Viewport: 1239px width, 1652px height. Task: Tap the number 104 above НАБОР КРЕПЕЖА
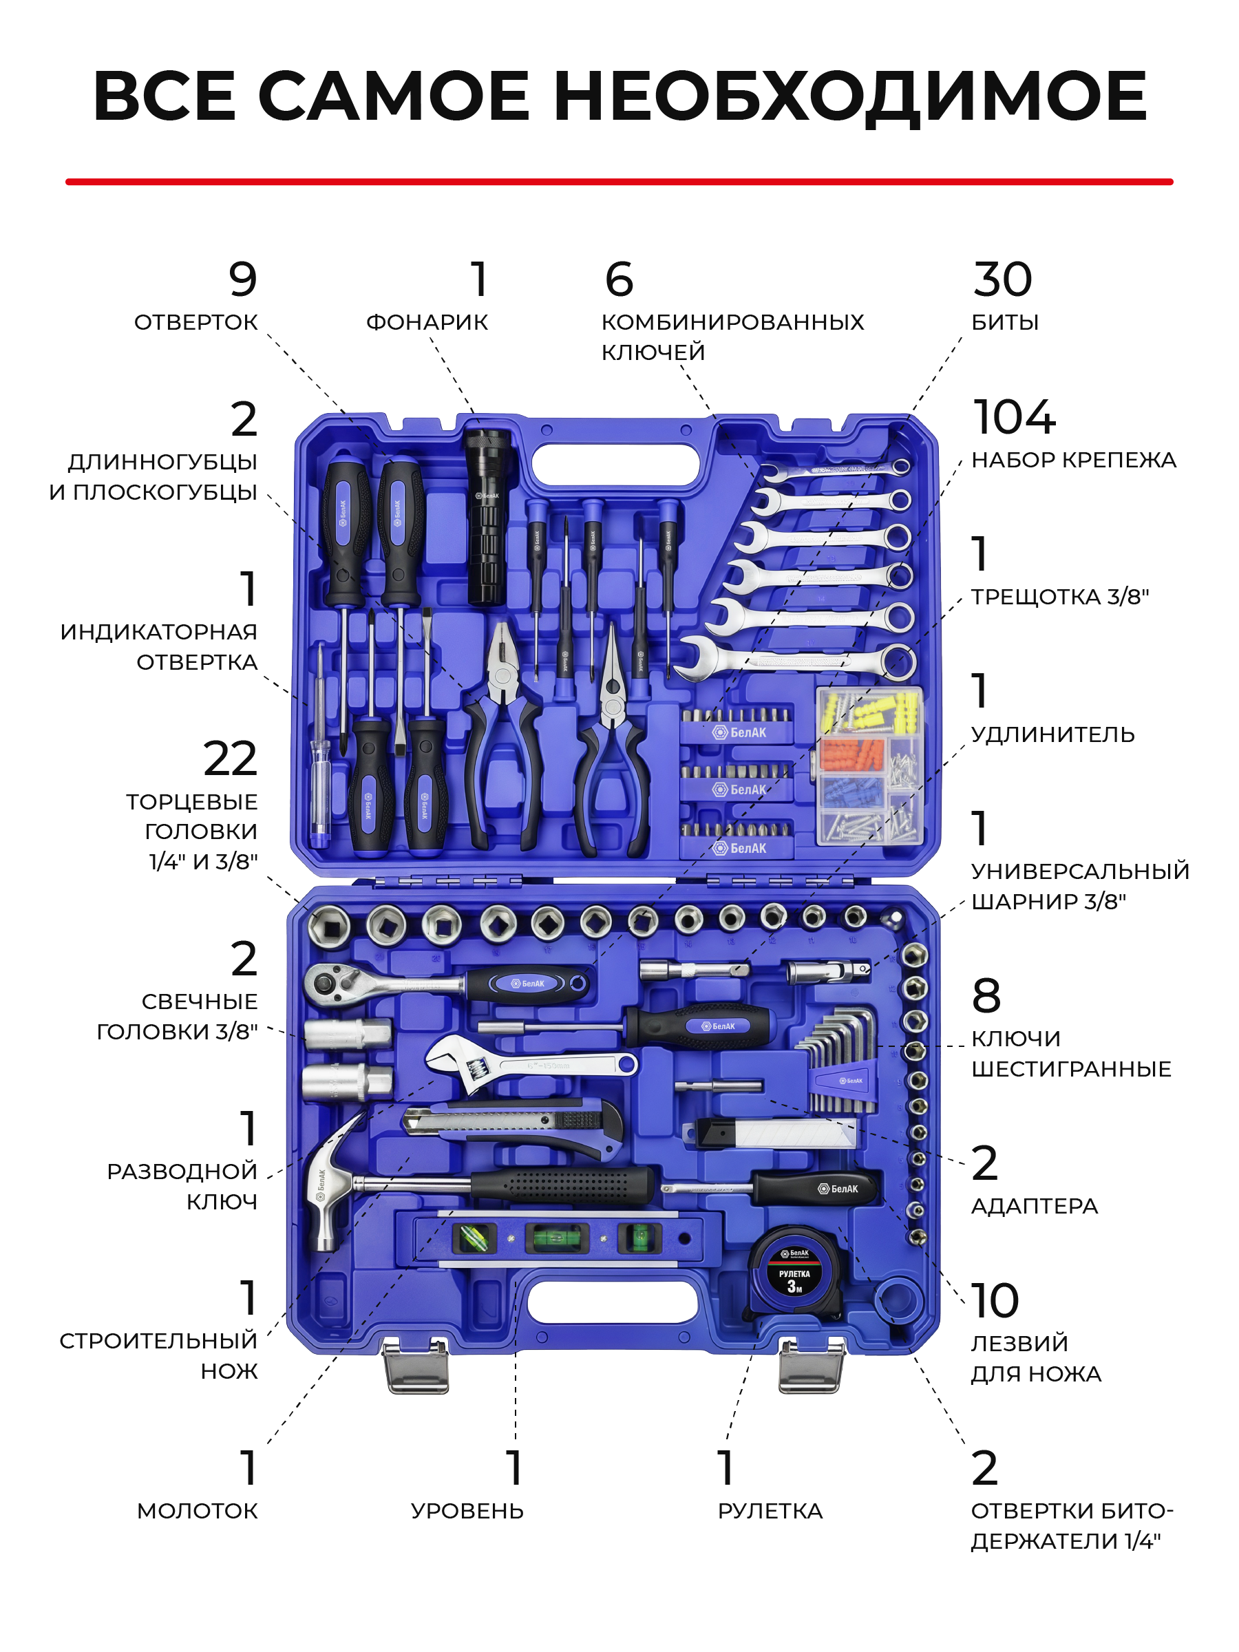(x=1013, y=416)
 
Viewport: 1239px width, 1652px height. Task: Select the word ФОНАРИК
(x=427, y=322)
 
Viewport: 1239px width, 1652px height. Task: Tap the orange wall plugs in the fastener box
(x=851, y=754)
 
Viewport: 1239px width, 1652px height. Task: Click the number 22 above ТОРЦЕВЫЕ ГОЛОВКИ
(x=230, y=758)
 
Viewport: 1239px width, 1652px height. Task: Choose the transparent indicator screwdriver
(x=320, y=747)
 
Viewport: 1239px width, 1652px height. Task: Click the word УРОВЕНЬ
(x=467, y=1510)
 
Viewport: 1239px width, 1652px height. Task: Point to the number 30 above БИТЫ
(x=1002, y=279)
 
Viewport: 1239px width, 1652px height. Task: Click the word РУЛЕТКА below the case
(x=770, y=1510)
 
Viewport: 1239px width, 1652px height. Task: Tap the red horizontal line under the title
(x=619, y=182)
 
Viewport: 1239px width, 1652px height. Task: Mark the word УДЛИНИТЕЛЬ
(x=1053, y=734)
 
